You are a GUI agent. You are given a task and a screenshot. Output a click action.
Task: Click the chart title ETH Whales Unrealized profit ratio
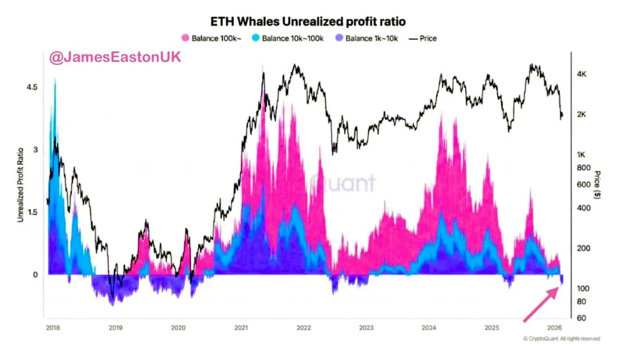click(x=308, y=21)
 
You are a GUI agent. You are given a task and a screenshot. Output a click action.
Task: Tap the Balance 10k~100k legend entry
click(x=287, y=38)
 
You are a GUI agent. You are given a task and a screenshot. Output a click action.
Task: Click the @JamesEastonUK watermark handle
click(x=115, y=57)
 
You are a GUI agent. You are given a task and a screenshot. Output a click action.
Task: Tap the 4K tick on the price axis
click(x=584, y=74)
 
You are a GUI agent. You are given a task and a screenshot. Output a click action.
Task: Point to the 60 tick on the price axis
click(x=583, y=318)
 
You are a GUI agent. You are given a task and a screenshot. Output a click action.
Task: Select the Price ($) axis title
click(x=597, y=185)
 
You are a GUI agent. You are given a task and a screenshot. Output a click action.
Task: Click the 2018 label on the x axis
click(x=52, y=328)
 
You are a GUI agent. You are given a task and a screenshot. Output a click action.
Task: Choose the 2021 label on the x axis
click(x=241, y=328)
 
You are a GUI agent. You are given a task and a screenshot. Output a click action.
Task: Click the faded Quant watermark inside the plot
click(x=344, y=183)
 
